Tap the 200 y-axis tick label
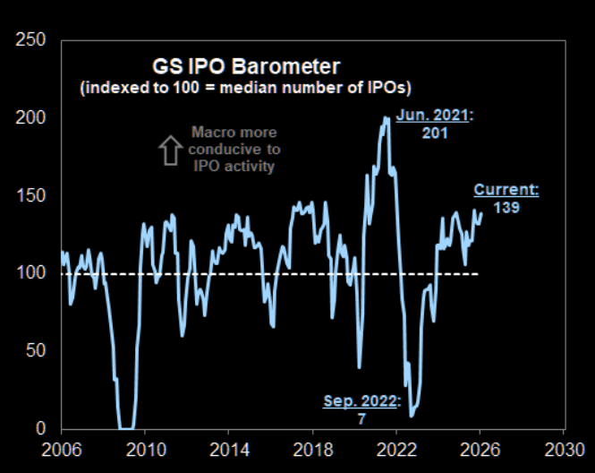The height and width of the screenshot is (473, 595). coord(29,118)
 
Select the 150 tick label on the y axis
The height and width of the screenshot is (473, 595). coord(29,196)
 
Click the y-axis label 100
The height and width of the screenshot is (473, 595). coord(29,273)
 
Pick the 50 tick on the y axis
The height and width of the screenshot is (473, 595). coord(34,350)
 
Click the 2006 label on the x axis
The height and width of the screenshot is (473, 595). coord(61,448)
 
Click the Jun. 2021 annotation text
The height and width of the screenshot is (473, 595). coord(433,116)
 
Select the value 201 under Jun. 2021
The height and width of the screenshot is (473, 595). coord(433,133)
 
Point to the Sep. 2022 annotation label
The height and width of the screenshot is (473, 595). coord(360,400)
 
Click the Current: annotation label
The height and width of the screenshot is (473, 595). coord(506,190)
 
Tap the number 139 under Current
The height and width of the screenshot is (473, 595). coord(506,207)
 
